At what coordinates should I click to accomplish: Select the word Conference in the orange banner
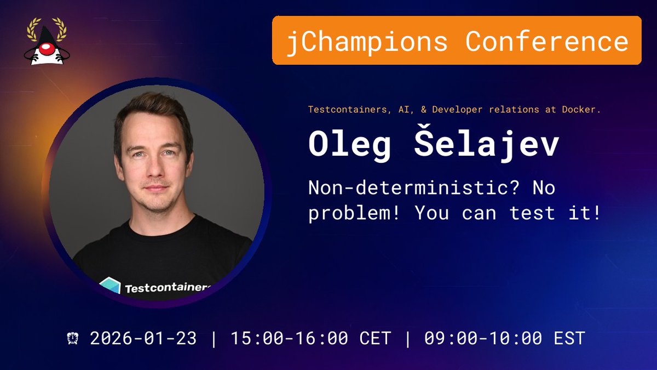[x=547, y=41]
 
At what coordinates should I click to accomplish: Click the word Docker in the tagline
[x=581, y=110]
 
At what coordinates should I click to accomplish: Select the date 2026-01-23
[x=143, y=338]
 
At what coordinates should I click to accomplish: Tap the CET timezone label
[x=376, y=338]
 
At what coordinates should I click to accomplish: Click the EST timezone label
[x=569, y=338]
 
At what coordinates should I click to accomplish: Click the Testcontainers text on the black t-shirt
[x=168, y=288]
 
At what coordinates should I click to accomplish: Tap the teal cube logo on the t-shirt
[x=110, y=287]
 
